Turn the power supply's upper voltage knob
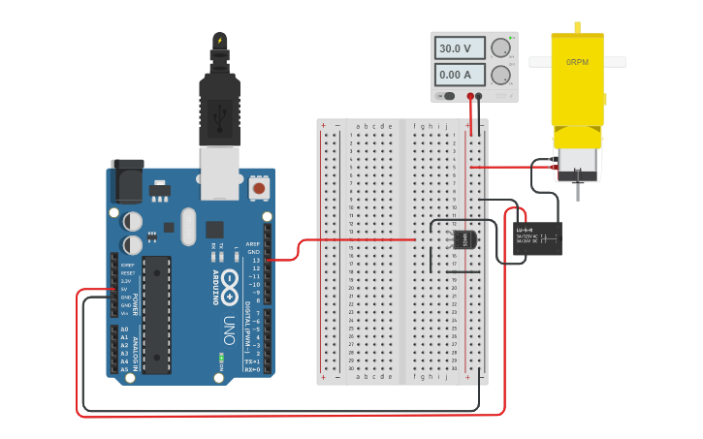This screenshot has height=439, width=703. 500,47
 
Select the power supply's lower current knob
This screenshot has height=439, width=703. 500,75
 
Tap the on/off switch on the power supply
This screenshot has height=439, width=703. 448,96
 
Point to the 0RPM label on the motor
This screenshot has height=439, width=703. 577,62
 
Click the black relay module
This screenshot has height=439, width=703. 537,237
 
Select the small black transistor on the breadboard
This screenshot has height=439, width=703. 463,238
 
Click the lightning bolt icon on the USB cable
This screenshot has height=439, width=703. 220,41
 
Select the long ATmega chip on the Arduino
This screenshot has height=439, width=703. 156,314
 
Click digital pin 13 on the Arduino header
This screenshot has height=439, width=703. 268,260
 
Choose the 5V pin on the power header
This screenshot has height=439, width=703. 114,289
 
